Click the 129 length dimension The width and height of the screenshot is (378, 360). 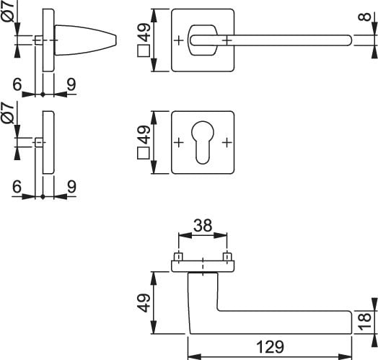coord(270,347)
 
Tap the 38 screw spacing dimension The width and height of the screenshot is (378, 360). coord(203,226)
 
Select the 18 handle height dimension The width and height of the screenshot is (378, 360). coord(365,322)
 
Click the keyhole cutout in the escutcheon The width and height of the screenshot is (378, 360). coord(203,142)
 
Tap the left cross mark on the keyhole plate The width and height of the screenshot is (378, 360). coord(179,143)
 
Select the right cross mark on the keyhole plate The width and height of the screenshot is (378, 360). coord(227,143)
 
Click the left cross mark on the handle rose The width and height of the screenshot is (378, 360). coord(179,40)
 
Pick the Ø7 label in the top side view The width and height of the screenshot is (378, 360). coord(8,11)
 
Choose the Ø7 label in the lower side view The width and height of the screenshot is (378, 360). coord(8,113)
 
